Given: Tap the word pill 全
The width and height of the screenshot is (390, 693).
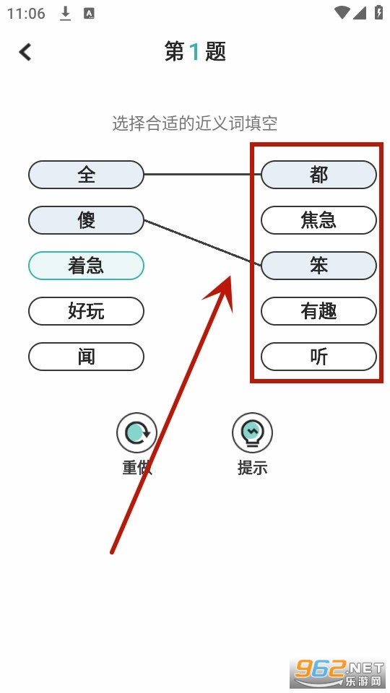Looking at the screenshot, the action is click(x=86, y=175).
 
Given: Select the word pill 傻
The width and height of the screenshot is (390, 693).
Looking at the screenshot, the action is click(x=86, y=220).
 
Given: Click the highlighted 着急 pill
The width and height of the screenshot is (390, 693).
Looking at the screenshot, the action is click(x=86, y=266).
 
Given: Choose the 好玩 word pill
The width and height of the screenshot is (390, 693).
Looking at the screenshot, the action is click(x=86, y=311).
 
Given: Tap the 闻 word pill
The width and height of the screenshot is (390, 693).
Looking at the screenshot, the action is click(x=86, y=357).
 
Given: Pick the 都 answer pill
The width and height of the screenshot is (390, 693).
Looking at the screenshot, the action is click(x=318, y=175).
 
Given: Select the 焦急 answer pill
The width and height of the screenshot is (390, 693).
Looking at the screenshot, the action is click(x=318, y=220).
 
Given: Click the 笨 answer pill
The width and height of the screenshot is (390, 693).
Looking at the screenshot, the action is click(x=318, y=266).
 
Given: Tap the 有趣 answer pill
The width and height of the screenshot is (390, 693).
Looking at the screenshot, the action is click(x=318, y=311).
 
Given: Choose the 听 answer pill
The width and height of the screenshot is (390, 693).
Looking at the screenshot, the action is click(x=318, y=357).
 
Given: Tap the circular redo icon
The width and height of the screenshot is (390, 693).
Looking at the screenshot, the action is click(x=136, y=432).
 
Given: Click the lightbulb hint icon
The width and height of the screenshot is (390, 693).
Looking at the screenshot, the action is click(x=253, y=432).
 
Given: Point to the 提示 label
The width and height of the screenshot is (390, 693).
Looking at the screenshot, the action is click(x=253, y=468).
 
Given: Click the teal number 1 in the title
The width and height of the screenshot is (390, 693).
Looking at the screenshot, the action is click(x=194, y=52).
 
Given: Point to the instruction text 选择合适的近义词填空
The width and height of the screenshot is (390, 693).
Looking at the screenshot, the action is click(x=194, y=123).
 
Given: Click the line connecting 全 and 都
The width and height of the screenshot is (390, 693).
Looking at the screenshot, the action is click(x=202, y=175).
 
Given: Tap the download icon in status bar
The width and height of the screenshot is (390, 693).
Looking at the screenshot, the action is click(x=66, y=14).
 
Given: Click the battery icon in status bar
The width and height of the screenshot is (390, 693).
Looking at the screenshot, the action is click(x=379, y=12).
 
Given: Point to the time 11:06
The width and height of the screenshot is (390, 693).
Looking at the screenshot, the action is click(x=26, y=14).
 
